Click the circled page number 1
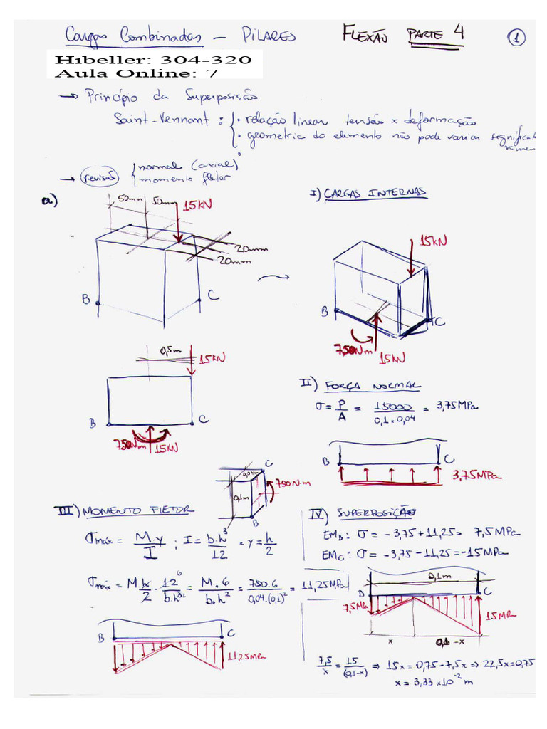click(x=518, y=38)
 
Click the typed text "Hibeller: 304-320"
click(x=152, y=60)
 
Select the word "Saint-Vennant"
click(x=160, y=121)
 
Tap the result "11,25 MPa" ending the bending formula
click(x=325, y=585)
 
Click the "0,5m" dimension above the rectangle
click(x=170, y=351)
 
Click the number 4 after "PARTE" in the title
click(x=458, y=33)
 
